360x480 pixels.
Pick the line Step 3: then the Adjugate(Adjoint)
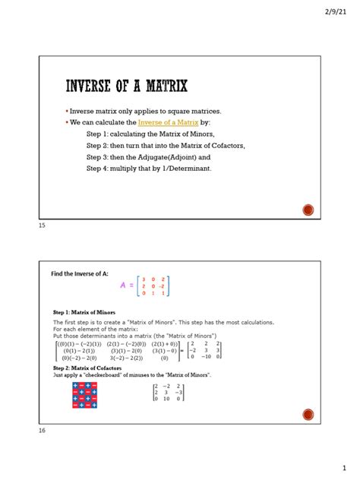pyautogui.click(x=149, y=156)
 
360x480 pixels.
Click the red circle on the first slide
pyautogui.click(x=308, y=209)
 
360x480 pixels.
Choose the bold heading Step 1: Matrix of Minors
pyautogui.click(x=84, y=312)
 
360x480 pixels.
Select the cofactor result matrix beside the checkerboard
pyautogui.click(x=169, y=392)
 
